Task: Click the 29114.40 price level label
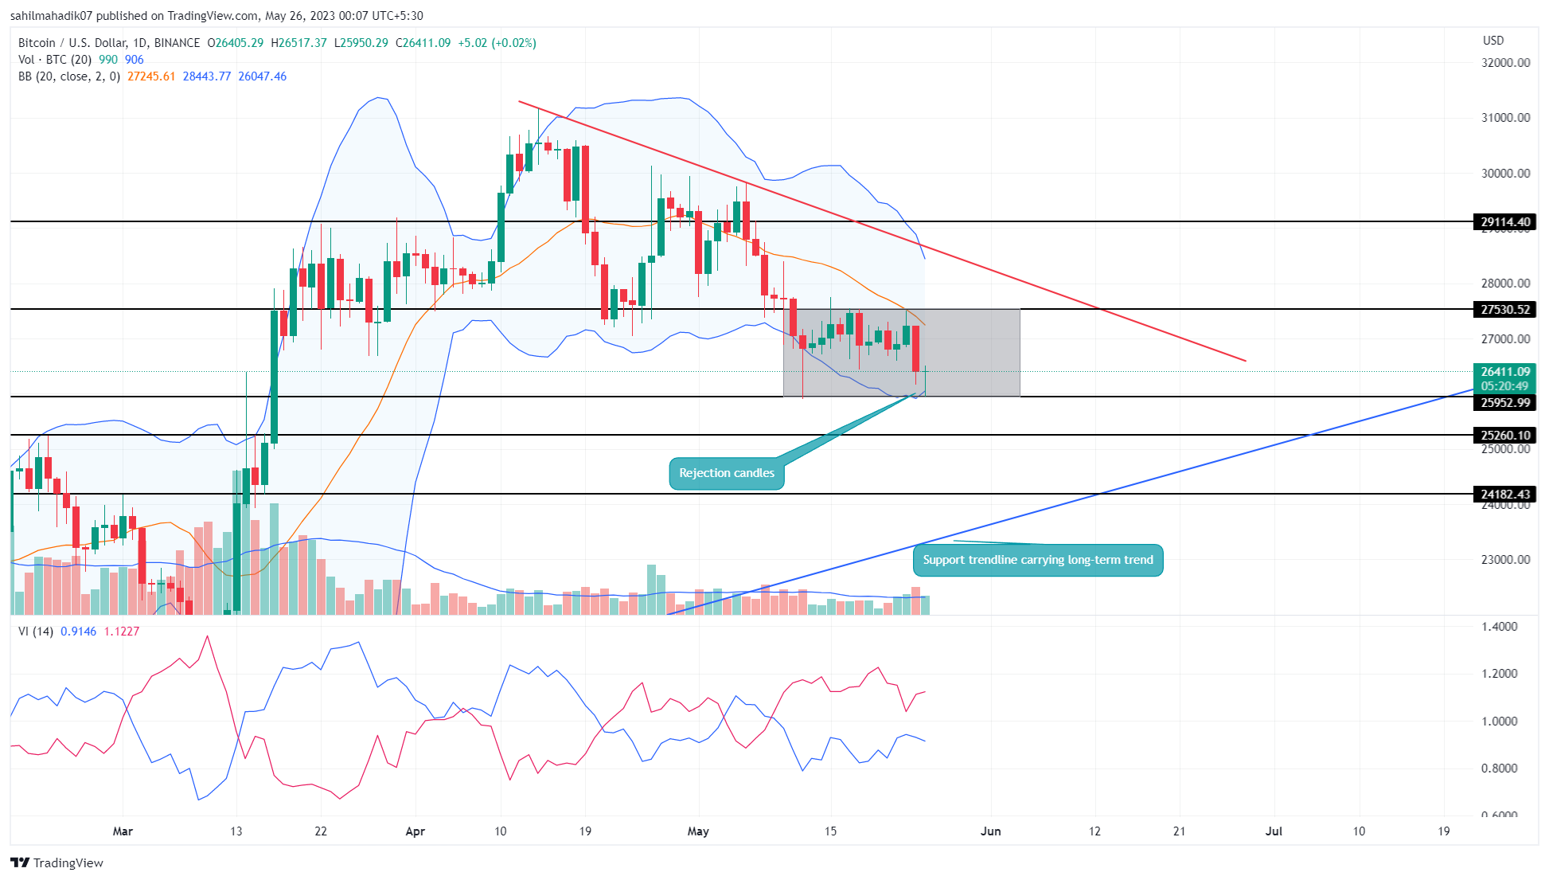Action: point(1504,222)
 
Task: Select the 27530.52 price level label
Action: point(1504,310)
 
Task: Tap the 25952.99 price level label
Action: point(1504,403)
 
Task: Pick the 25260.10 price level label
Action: point(1504,435)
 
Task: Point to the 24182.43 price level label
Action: point(1504,495)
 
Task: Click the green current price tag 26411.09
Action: point(1504,372)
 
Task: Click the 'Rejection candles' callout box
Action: point(726,473)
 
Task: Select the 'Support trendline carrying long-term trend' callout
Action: point(1037,560)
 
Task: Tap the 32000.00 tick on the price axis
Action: point(1504,63)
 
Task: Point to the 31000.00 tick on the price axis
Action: point(1504,118)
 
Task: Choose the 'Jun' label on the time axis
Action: point(990,831)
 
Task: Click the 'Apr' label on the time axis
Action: point(415,831)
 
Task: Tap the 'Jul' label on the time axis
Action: point(1274,831)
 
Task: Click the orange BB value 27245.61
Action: point(151,76)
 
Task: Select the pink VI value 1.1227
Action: point(122,632)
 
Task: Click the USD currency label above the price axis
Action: point(1493,41)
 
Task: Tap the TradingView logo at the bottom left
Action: point(57,863)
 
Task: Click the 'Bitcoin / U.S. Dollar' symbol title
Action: point(68,43)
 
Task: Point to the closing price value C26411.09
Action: point(423,43)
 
